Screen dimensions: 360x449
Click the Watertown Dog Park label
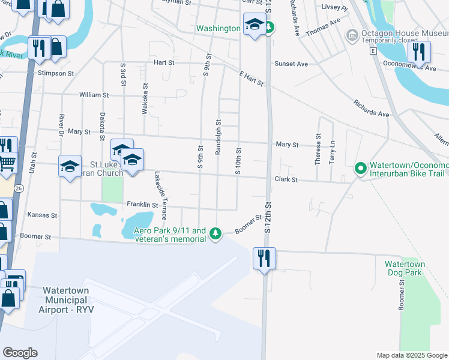(x=405, y=268)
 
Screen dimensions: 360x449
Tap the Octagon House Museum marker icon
(x=352, y=37)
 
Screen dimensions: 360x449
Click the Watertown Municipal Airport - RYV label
(x=66, y=299)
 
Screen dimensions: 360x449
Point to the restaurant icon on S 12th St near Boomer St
(x=264, y=259)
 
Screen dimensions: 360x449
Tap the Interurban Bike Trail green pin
(x=360, y=169)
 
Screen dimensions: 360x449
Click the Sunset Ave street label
(x=291, y=64)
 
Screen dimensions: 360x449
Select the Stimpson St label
(x=55, y=74)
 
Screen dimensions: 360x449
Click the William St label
(x=94, y=95)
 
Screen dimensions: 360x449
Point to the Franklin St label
(x=142, y=205)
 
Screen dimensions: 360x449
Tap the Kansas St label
(x=42, y=214)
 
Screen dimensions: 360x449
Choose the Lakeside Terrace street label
(x=161, y=196)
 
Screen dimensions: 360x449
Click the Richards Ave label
(x=371, y=108)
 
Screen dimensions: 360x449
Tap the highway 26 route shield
(x=19, y=188)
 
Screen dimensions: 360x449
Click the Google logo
(x=20, y=353)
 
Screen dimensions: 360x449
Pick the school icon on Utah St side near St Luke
(x=70, y=166)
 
